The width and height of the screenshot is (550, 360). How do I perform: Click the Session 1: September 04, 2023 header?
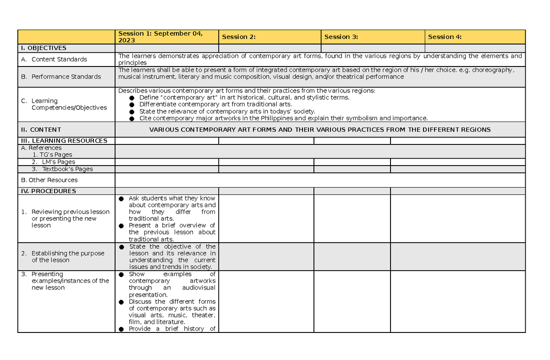160,37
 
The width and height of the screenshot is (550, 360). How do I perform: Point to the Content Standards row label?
59,59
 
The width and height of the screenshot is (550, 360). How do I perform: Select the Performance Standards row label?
66,77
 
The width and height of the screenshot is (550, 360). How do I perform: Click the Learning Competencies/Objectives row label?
69,104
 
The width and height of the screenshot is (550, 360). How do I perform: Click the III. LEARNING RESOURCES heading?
64,141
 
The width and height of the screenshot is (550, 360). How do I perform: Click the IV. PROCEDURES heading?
48,191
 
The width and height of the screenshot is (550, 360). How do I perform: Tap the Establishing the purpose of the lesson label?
67,256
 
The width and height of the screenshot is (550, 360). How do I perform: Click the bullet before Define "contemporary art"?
132,98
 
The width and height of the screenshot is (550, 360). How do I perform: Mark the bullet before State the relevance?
132,111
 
